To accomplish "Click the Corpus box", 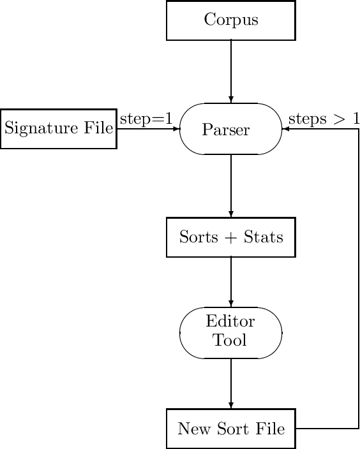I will pos(230,20).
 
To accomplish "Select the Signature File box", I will pos(58,129).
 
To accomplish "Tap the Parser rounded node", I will pos(230,129).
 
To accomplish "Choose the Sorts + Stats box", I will pos(230,238).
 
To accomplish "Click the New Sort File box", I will pos(230,429).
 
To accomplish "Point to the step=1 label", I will pos(146,119).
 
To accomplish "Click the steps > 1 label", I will pos(324,119).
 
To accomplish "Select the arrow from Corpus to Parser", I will pos(230,70).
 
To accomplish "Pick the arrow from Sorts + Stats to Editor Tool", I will pos(230,282).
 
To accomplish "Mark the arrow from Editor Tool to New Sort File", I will pos(230,383).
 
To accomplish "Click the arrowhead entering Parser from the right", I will pos(285,129).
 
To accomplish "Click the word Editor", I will pos(230,321).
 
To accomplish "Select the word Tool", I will pos(230,341).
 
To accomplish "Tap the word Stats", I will pos(262,238).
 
